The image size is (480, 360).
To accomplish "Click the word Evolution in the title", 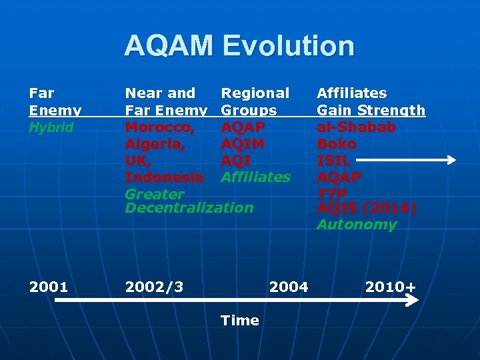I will [289, 46].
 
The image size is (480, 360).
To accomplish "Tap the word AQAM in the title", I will [169, 46].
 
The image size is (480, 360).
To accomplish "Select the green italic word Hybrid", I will [51, 127].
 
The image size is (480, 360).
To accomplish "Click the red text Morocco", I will [159, 127].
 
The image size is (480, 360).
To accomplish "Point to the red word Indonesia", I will [164, 177].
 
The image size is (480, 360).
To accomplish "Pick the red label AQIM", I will [243, 143].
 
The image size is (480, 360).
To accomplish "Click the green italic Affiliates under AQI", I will [255, 177].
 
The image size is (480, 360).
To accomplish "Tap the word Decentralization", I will [189, 207].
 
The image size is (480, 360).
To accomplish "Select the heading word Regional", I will [255, 93].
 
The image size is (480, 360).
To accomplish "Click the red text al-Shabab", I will [356, 127].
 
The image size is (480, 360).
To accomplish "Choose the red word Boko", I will [336, 143].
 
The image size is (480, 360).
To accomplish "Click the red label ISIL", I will [333, 160].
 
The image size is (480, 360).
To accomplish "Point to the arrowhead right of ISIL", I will [451, 160].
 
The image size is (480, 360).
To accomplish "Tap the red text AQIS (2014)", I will [366, 208].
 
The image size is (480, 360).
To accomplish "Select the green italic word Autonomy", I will [356, 225].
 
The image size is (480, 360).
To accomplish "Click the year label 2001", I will [48, 287].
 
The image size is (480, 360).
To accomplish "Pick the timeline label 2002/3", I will [154, 287].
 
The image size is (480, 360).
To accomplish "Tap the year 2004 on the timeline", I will [288, 287].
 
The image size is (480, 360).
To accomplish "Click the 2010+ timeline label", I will [390, 287].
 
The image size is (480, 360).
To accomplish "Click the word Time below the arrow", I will [239, 321].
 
